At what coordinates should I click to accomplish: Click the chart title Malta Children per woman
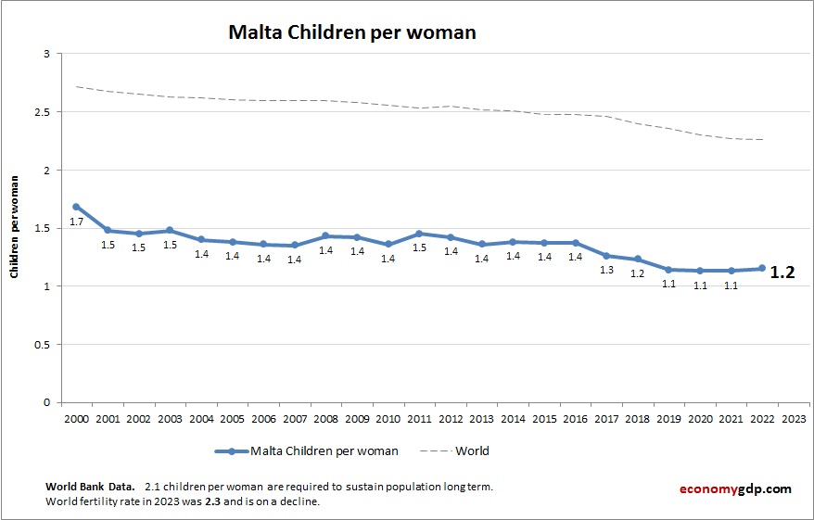pos(352,32)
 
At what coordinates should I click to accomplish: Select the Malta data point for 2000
pos(76,207)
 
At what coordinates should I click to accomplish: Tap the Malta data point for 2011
pos(419,234)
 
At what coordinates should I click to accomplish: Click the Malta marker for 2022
pos(762,269)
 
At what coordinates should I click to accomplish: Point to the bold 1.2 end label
pos(783,273)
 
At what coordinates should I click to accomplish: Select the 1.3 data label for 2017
pos(606,270)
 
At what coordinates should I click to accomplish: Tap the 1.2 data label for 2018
pos(638,273)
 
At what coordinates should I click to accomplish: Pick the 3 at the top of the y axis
pos(45,55)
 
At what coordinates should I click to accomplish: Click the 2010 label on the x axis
pos(388,418)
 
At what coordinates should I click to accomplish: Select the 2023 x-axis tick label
pos(794,418)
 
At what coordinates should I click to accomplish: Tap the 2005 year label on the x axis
pos(232,418)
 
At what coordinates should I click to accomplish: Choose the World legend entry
pos(472,451)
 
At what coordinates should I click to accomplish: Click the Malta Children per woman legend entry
pos(324,451)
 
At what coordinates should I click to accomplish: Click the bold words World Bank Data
pos(89,487)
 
